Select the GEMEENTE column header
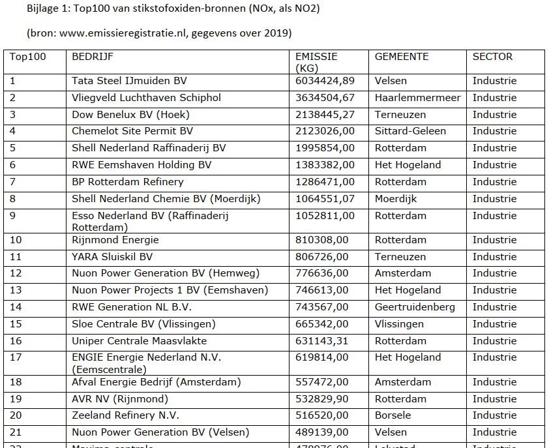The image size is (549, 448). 402,57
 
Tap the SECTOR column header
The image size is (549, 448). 492,57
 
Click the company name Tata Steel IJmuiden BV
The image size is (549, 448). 129,81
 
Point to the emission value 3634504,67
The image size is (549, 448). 325,98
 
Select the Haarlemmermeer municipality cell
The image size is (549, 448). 417,98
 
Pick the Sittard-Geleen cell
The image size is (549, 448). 410,131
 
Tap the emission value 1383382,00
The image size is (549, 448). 325,165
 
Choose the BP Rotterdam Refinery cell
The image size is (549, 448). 128,182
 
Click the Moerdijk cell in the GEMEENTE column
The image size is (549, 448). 396,199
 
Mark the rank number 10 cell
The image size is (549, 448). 16,240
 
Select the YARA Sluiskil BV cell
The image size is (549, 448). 112,257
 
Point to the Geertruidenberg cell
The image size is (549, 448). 415,307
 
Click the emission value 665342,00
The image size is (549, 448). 323,324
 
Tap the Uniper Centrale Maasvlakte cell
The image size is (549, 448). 139,341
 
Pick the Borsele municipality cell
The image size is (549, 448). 393,415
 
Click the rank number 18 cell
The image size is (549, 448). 16,382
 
